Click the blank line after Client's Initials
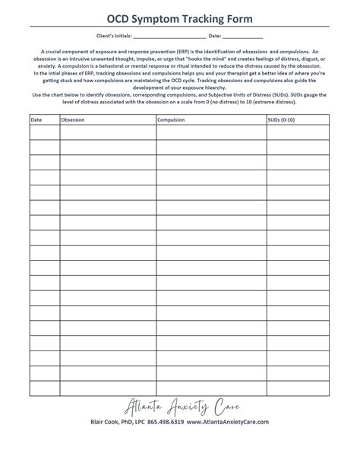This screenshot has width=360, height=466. [x=174, y=36]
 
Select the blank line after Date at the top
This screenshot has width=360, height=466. [x=243, y=36]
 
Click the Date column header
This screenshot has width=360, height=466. [x=36, y=120]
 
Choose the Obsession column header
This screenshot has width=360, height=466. [x=74, y=120]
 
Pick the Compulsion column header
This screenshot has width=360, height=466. [x=172, y=120]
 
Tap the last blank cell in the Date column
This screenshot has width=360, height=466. [x=44, y=388]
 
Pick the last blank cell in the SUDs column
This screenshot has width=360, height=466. [x=297, y=388]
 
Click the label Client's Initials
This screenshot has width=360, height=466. [x=115, y=36]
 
